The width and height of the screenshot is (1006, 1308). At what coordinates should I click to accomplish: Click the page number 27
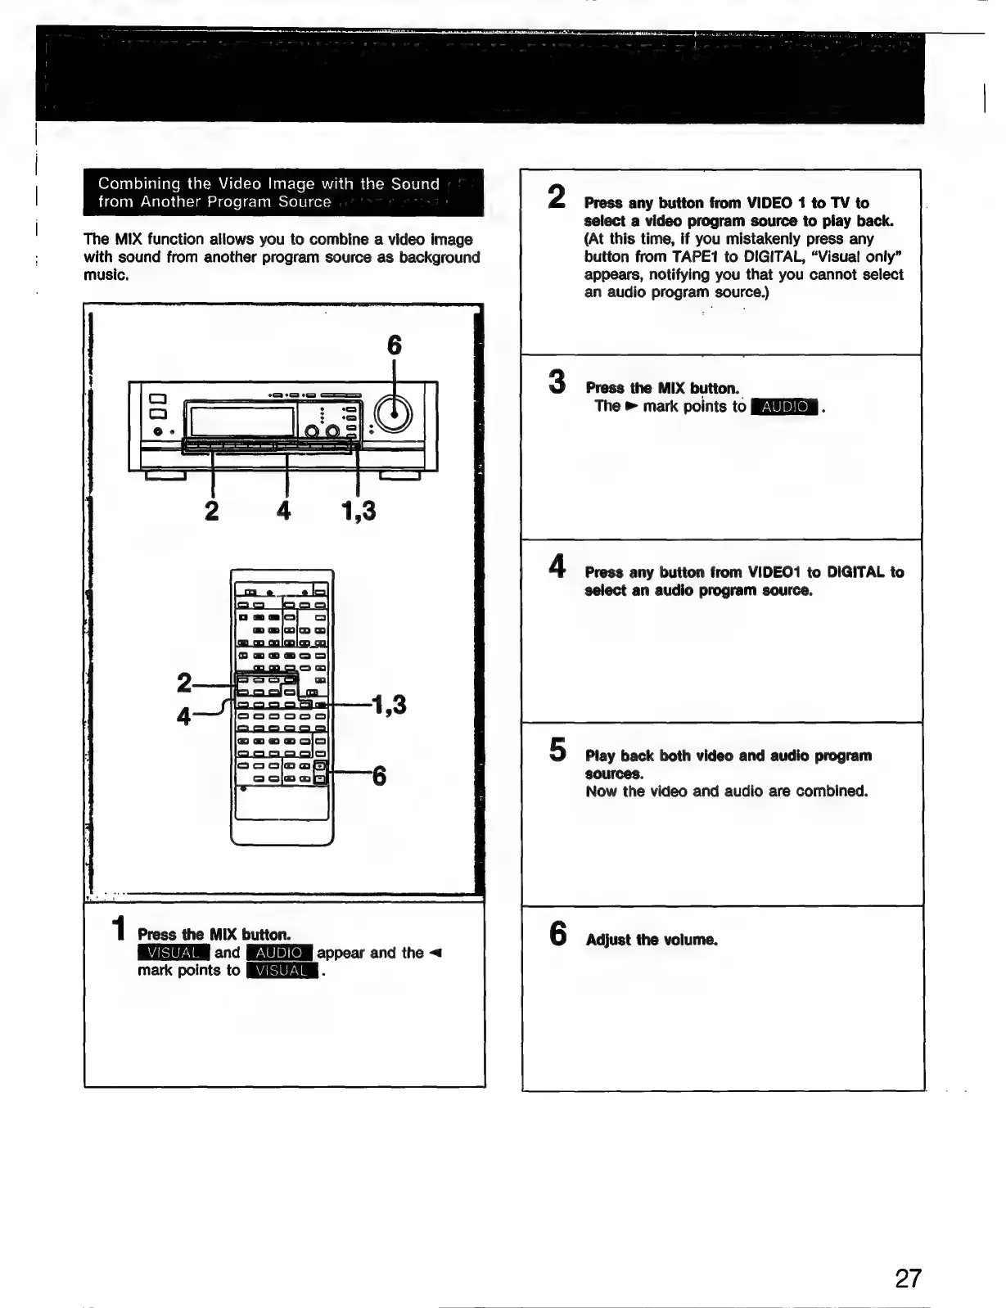[x=908, y=1278]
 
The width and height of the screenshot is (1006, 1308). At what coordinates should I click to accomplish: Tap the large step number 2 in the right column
[x=557, y=196]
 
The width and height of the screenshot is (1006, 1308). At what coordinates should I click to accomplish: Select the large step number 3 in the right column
[x=557, y=381]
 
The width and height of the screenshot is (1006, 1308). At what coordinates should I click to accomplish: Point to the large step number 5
[x=557, y=749]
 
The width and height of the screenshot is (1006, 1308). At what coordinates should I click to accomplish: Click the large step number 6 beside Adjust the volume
[x=557, y=933]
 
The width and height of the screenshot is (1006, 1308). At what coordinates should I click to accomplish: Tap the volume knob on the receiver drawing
[x=394, y=414]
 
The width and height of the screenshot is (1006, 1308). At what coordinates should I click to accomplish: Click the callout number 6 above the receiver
[x=395, y=345]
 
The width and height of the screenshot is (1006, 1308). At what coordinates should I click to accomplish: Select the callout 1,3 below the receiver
[x=359, y=511]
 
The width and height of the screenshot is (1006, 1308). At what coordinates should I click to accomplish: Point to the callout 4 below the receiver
[x=283, y=511]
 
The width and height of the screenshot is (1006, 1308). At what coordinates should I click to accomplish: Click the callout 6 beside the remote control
[x=379, y=774]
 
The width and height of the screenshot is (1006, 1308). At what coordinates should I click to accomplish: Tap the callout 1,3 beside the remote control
[x=389, y=704]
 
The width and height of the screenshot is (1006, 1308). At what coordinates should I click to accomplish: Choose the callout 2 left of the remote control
[x=185, y=682]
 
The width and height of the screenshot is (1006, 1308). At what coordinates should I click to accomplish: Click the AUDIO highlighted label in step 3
[x=784, y=407]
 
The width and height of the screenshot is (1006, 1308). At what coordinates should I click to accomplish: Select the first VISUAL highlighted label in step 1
[x=174, y=953]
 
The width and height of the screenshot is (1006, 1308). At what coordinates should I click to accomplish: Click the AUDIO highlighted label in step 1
[x=279, y=953]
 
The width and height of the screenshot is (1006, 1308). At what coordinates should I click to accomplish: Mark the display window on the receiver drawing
[x=242, y=422]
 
